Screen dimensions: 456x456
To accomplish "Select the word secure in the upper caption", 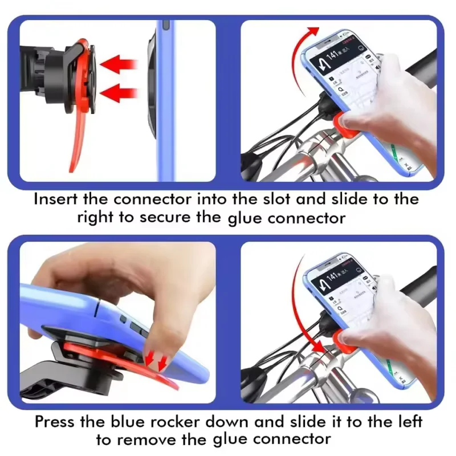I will tap(190, 218).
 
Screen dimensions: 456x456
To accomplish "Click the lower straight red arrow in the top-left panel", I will tap(122, 91).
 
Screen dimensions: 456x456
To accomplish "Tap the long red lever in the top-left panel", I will tap(79, 137).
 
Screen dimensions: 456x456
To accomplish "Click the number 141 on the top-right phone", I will tap(336, 52).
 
